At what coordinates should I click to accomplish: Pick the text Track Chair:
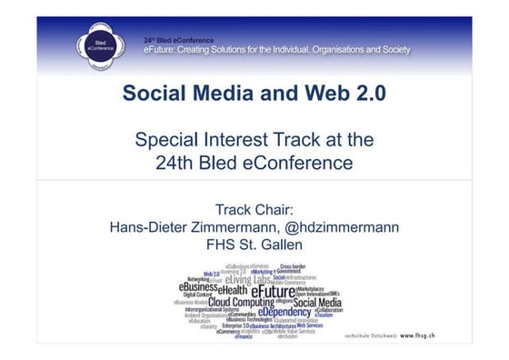(x=254, y=208)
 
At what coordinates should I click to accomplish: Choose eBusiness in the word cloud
(x=205, y=286)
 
